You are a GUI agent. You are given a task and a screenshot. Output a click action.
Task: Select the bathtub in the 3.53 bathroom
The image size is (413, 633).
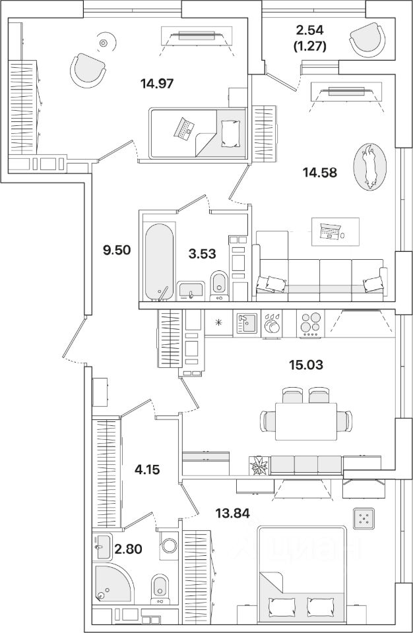click(x=158, y=260)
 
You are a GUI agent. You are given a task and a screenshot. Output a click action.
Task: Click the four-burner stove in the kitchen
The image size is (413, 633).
click(x=310, y=324)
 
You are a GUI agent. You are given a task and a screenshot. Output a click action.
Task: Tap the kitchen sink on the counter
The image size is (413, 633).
click(x=246, y=323)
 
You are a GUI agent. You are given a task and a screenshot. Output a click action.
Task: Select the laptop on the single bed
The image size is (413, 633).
click(x=183, y=127)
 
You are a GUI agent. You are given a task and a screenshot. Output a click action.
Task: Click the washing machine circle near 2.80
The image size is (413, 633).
click(x=170, y=547)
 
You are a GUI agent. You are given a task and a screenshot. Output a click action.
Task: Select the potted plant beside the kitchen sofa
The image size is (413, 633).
click(x=260, y=466)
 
